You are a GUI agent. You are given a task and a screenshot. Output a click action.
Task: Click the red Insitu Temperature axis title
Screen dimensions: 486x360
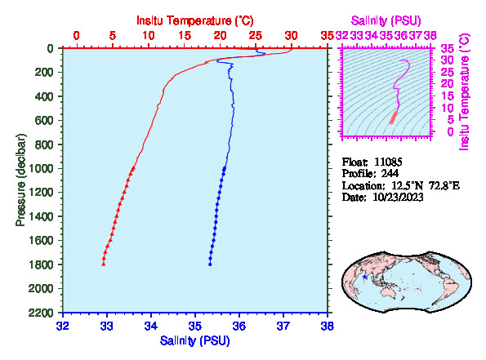pos(195,20)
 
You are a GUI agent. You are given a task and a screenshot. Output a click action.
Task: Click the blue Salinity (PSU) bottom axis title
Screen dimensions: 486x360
pos(194,340)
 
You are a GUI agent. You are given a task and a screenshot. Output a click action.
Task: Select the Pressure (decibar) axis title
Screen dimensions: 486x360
pos(20,180)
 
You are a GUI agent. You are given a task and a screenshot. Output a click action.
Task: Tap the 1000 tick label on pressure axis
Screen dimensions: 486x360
pos(42,168)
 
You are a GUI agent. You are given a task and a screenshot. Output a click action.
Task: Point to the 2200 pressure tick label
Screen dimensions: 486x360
pos(42,313)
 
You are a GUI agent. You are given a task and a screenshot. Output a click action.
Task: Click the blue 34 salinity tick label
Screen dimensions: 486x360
pos(151,326)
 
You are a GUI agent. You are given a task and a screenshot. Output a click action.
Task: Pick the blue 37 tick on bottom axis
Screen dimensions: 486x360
pos(283,326)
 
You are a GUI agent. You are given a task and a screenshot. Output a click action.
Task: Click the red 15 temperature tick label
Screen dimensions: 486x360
pos(185,36)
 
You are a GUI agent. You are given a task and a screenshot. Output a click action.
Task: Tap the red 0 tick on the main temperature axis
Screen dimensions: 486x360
pos(76,36)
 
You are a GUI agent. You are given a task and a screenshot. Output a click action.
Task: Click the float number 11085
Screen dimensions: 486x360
pos(388,162)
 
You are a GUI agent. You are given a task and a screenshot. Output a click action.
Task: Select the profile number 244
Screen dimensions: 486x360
pos(390,173)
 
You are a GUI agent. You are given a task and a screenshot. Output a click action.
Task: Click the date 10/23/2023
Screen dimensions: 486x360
pos(398,197)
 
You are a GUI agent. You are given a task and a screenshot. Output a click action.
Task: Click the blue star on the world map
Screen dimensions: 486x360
pos(365,277)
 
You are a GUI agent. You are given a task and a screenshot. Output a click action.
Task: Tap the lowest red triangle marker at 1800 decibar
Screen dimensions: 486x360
pos(104,264)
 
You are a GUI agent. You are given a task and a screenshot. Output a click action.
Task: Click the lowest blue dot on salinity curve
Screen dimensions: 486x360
pos(210,264)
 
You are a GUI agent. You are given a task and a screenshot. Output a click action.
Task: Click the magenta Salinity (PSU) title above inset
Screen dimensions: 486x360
pos(386,20)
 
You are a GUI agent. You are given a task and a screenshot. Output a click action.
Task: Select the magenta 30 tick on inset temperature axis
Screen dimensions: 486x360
pos(448,60)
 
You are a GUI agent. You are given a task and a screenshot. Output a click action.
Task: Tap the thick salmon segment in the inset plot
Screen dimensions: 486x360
pos(394,118)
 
